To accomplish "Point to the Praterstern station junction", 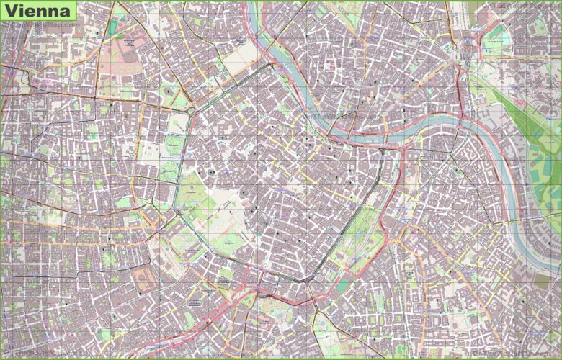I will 467,60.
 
